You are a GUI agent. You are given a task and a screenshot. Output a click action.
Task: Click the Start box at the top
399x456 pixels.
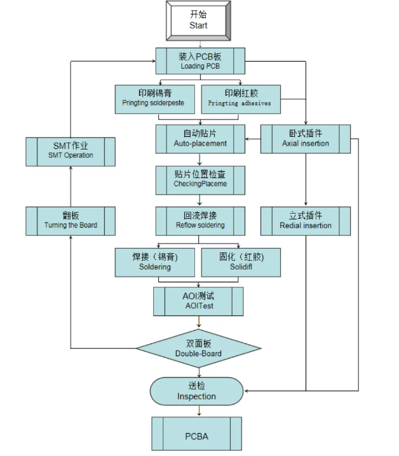click(198, 20)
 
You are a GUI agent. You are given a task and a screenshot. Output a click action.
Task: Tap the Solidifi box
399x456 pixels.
click(240, 262)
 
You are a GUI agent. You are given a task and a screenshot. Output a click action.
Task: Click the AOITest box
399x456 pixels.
click(198, 301)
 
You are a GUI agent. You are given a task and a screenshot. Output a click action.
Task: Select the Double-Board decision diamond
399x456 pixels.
click(198, 348)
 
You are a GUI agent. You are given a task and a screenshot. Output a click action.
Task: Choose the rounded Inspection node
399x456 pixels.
click(196, 391)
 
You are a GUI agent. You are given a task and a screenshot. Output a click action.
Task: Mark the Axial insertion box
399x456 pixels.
click(306, 139)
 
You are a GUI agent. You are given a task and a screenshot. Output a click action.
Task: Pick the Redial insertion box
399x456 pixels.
click(306, 221)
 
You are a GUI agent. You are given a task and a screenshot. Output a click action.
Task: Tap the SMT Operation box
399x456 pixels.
click(70, 151)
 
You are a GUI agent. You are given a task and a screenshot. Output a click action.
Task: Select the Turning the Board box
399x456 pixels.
click(71, 221)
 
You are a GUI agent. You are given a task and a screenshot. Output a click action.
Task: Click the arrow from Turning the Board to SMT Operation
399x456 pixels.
click(71, 186)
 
